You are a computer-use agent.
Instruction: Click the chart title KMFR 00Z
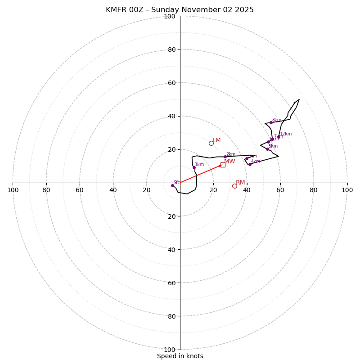pyautogui.click(x=180, y=10)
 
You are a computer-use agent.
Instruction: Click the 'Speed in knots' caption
pyautogui.click(x=180, y=356)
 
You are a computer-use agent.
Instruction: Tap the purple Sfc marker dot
pyautogui.click(x=172, y=185)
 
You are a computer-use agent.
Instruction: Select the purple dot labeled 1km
pyautogui.click(x=194, y=167)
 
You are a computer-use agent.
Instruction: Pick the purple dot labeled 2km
pyautogui.click(x=225, y=157)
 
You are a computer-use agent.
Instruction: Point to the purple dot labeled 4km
pyautogui.click(x=250, y=164)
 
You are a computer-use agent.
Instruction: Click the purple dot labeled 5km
pyautogui.click(x=267, y=149)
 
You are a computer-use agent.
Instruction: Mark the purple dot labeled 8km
pyautogui.click(x=271, y=122)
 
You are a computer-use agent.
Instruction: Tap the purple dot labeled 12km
pyautogui.click(x=279, y=137)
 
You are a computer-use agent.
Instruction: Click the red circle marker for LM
pyautogui.click(x=211, y=143)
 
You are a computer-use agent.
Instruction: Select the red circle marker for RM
pyautogui.click(x=234, y=186)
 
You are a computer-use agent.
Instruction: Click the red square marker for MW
pyautogui.click(x=223, y=165)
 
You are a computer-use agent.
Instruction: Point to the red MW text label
pyautogui.click(x=229, y=162)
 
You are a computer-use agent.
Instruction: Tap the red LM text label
pyautogui.click(x=216, y=140)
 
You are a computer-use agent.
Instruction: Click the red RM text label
pyautogui.click(x=240, y=183)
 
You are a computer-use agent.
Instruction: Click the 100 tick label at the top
pyautogui.click(x=170, y=17)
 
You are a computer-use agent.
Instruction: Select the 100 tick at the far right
pyautogui.click(x=347, y=190)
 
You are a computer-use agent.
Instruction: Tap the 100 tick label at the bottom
pyautogui.click(x=170, y=350)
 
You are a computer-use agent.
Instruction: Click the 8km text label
pyautogui.click(x=276, y=120)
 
